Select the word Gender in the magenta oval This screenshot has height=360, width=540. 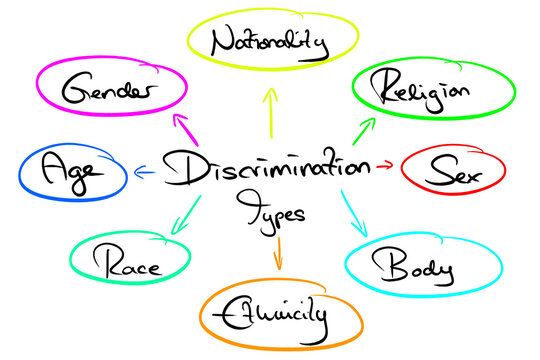tap(108, 91)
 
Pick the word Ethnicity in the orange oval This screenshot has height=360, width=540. tap(277, 315)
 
